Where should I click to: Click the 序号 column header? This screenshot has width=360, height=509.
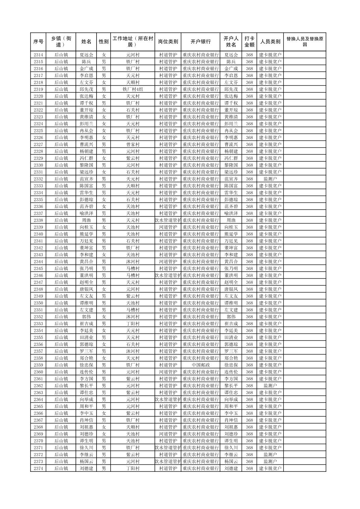click(39, 42)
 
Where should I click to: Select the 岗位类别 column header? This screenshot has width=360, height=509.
click(168, 42)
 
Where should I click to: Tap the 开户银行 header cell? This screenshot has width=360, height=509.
click(200, 42)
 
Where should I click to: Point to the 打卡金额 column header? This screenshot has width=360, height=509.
click(249, 42)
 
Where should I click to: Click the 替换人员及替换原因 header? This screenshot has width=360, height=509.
click(304, 42)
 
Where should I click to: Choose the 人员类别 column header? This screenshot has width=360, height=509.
click(270, 42)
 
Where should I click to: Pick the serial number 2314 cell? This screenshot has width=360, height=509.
click(39, 55)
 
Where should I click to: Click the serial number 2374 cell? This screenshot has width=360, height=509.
click(39, 468)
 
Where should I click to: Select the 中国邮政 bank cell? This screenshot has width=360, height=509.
click(200, 365)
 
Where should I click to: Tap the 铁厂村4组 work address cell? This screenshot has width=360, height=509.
click(133, 89)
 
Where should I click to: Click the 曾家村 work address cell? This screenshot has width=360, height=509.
click(133, 144)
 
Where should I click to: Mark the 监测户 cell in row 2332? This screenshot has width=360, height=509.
click(270, 179)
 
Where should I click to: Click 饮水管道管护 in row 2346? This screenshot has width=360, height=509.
click(168, 275)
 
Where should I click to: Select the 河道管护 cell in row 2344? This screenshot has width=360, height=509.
click(168, 262)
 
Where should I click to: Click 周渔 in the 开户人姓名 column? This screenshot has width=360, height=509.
click(231, 220)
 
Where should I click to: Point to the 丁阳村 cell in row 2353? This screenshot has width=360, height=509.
click(133, 323)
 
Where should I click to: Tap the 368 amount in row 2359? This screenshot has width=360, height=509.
click(249, 365)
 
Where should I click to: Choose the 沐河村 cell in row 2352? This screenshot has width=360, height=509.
click(133, 317)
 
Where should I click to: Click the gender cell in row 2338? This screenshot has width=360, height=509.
click(104, 220)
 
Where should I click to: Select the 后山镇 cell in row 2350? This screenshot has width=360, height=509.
click(61, 303)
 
